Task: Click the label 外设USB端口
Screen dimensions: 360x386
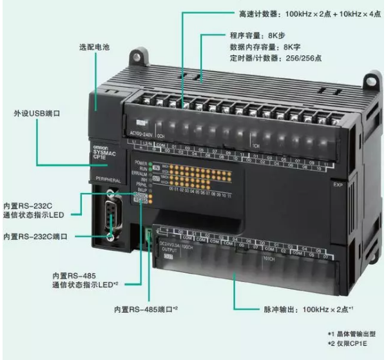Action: (37, 112)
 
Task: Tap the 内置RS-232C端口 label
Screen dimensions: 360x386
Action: (37, 238)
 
